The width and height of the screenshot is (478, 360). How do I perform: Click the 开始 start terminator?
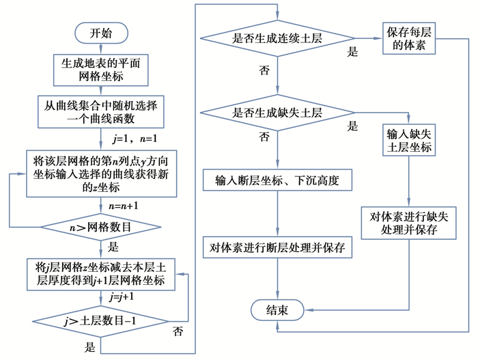click(x=100, y=33)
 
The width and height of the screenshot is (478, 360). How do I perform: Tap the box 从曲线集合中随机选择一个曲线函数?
click(x=100, y=112)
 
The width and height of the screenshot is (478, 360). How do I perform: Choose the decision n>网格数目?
click(x=100, y=226)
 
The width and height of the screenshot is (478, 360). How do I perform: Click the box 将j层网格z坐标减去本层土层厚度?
click(x=100, y=273)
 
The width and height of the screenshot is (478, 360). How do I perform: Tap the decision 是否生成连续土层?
click(x=277, y=38)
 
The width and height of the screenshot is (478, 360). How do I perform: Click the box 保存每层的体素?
click(x=407, y=38)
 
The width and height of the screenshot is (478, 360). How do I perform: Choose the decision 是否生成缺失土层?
click(x=277, y=113)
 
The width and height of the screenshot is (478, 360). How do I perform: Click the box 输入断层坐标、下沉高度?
click(x=277, y=181)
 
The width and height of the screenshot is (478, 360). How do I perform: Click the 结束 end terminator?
click(x=277, y=311)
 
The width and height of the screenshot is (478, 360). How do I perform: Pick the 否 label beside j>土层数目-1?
click(x=178, y=333)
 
